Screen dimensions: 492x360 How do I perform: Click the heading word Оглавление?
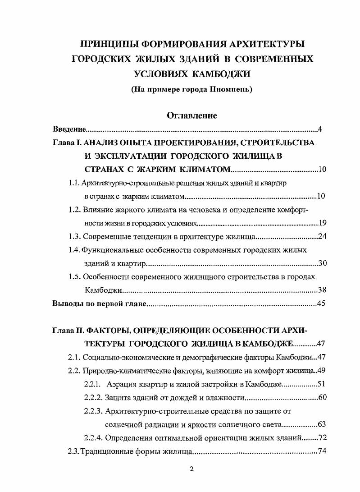tap(192, 116)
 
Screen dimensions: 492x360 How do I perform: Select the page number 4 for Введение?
tap(319, 130)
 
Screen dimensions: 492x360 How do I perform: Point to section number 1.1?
tap(74, 184)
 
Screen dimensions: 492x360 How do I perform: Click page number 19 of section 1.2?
tap(322, 223)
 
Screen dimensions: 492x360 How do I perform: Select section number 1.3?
tap(74, 236)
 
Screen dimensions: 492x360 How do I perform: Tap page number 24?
tap(322, 236)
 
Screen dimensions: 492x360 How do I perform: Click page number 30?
tap(322, 263)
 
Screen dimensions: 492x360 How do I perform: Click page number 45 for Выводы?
tap(321, 303)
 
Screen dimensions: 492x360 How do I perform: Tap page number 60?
tap(322, 397)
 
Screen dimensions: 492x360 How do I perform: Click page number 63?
tap(322, 424)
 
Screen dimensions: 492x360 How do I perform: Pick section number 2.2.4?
tap(93, 437)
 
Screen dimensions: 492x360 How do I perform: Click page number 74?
tap(322, 451)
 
